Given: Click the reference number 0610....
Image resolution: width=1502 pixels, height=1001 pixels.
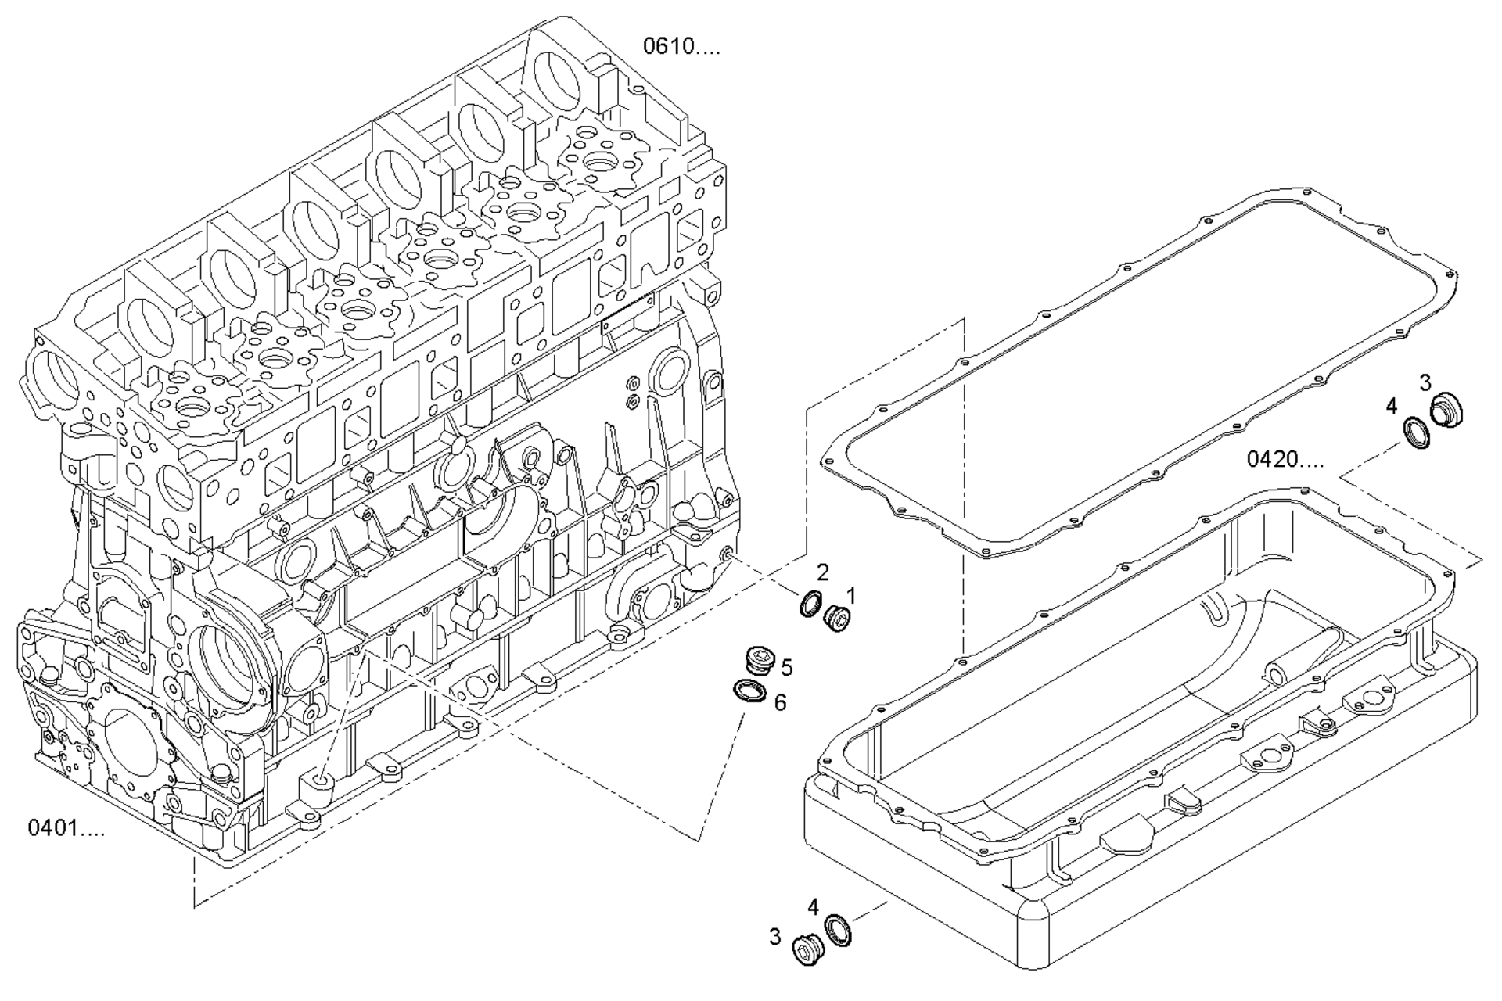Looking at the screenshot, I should pyautogui.click(x=681, y=46).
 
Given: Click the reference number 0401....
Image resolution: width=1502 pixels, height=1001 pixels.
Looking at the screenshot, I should pyautogui.click(x=66, y=827).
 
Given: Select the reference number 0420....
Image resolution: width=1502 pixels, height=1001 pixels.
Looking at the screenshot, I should pyautogui.click(x=1285, y=459).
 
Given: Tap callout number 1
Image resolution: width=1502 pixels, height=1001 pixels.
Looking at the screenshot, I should pyautogui.click(x=850, y=596).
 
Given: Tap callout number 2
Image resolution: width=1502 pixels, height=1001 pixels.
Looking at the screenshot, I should pyautogui.click(x=822, y=571).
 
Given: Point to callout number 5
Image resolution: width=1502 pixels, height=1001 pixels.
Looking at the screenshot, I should pyautogui.click(x=786, y=667).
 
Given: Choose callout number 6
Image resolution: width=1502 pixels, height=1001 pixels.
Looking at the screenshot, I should pyautogui.click(x=780, y=702).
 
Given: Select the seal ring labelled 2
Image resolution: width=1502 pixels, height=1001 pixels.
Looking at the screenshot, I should pyautogui.click(x=811, y=604).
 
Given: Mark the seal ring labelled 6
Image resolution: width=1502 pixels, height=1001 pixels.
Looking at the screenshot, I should pyautogui.click(x=749, y=691).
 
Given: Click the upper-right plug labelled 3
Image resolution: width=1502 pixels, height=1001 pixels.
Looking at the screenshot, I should pyautogui.click(x=1446, y=411).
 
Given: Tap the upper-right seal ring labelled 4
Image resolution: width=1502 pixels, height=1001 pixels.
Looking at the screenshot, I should pyautogui.click(x=1417, y=432).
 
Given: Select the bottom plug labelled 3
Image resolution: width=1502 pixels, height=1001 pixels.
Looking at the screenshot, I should pyautogui.click(x=807, y=949).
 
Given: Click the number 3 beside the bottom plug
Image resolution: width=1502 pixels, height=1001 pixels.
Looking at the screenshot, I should pyautogui.click(x=774, y=936).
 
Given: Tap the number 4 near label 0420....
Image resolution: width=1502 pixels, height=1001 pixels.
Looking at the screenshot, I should pyautogui.click(x=1391, y=406).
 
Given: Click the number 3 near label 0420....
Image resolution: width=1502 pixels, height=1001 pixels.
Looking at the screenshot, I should pyautogui.click(x=1425, y=382).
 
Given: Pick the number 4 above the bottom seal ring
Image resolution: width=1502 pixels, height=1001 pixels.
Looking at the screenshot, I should pyautogui.click(x=814, y=907).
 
